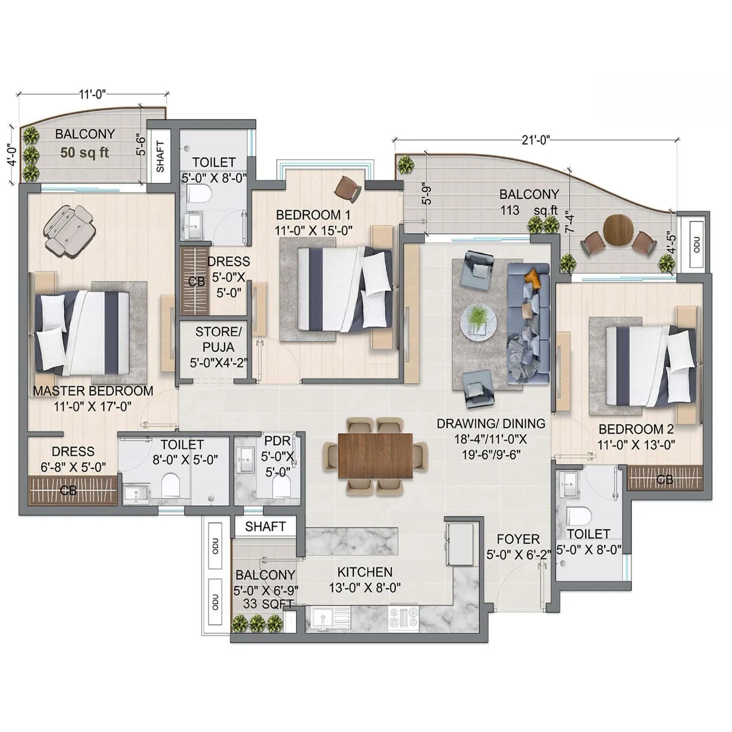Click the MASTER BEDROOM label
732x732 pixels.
click(93, 391)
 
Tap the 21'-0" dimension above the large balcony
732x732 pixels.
click(536, 140)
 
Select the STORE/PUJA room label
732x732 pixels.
click(218, 339)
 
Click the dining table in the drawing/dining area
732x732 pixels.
click(375, 456)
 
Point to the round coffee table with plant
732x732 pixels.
click(478, 322)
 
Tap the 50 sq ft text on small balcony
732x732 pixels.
click(85, 152)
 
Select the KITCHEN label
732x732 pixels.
click(365, 572)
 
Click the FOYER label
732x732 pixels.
click(518, 539)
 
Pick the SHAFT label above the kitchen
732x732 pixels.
click(265, 527)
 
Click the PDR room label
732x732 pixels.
click(277, 441)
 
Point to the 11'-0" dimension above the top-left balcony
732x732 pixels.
click(92, 94)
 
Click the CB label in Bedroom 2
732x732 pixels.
click(664, 479)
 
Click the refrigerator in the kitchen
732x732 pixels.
click(459, 544)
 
